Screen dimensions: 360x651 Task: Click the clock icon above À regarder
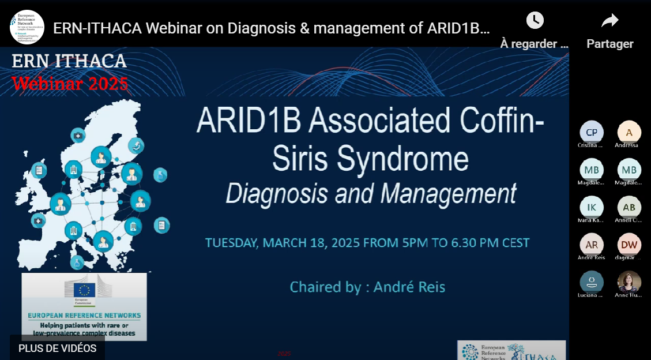click(x=535, y=21)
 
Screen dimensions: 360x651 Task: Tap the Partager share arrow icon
click(x=609, y=21)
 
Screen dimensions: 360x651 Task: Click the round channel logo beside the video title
click(x=27, y=27)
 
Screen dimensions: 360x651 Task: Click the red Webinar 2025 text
click(x=70, y=84)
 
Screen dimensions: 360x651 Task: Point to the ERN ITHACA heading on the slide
click(x=69, y=61)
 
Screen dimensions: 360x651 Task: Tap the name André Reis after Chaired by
click(x=409, y=287)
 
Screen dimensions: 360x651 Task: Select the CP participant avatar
click(x=591, y=132)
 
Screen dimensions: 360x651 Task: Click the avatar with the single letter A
click(x=629, y=132)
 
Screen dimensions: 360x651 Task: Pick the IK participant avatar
click(x=591, y=207)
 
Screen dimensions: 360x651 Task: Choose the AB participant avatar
click(x=629, y=207)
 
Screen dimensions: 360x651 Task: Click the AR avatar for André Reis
click(x=591, y=245)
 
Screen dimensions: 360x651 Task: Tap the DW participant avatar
click(x=629, y=245)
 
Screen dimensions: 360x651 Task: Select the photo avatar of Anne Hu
click(x=629, y=282)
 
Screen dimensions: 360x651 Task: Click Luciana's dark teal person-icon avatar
click(x=591, y=282)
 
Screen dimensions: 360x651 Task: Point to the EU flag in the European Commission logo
click(x=85, y=290)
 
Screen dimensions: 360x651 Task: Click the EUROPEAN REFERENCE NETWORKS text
click(x=84, y=316)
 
